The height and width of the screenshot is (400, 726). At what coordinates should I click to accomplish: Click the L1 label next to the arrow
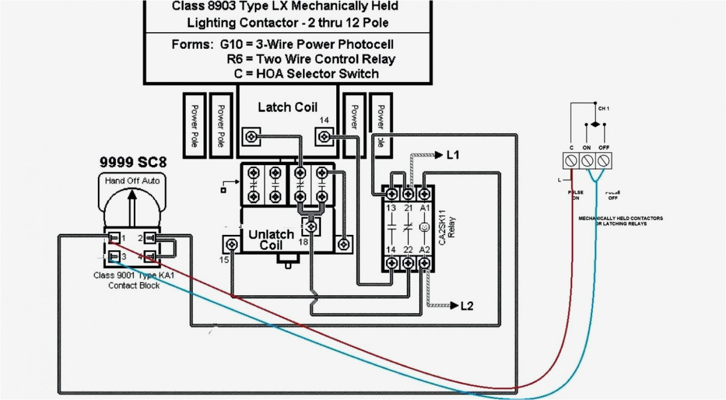pyautogui.click(x=453, y=155)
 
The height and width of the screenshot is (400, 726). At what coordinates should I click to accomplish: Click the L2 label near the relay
pyautogui.click(x=466, y=306)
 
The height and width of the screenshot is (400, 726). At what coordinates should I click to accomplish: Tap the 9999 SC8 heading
pyautogui.click(x=133, y=162)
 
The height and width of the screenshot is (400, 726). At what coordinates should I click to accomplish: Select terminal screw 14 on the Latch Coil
pyautogui.click(x=324, y=137)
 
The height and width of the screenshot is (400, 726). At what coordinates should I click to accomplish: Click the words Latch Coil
pyautogui.click(x=287, y=107)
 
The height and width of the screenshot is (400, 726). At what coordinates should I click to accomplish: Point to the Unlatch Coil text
pyautogui.click(x=271, y=240)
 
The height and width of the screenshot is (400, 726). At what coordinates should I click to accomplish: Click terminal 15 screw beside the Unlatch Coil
pyautogui.click(x=232, y=244)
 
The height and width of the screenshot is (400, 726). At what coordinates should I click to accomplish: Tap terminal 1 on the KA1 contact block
pyautogui.click(x=114, y=238)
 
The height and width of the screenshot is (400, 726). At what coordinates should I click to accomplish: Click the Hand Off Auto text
pyautogui.click(x=132, y=181)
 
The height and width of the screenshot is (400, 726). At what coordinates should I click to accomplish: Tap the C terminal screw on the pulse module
pyautogui.click(x=571, y=161)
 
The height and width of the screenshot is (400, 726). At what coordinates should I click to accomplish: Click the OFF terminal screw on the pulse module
pyautogui.click(x=604, y=161)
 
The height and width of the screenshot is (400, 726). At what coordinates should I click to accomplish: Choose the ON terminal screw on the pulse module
pyautogui.click(x=587, y=161)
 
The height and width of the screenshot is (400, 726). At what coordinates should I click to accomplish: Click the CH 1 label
pyautogui.click(x=604, y=109)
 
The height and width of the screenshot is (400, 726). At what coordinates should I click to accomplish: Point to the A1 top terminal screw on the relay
pyautogui.click(x=425, y=194)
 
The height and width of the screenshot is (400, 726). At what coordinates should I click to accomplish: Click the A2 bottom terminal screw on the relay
pyautogui.click(x=425, y=263)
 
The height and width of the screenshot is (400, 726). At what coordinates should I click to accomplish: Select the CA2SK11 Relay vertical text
pyautogui.click(x=447, y=228)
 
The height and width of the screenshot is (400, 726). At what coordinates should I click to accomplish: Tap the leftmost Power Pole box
pyautogui.click(x=194, y=126)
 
